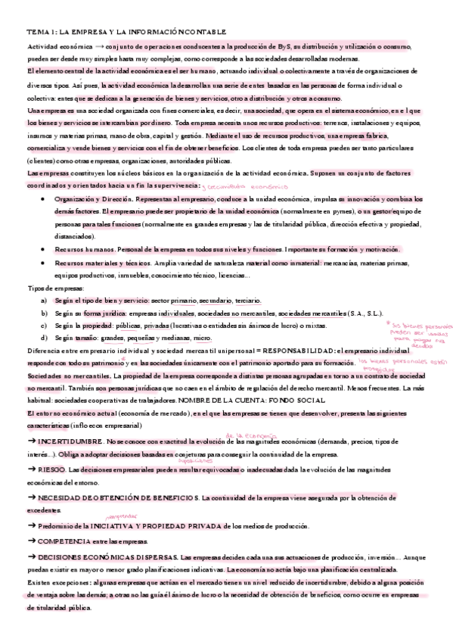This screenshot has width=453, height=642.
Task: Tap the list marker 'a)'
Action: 44,301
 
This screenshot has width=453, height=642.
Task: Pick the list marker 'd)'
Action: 44,338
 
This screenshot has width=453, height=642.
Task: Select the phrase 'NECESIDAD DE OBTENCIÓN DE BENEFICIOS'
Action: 117,499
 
